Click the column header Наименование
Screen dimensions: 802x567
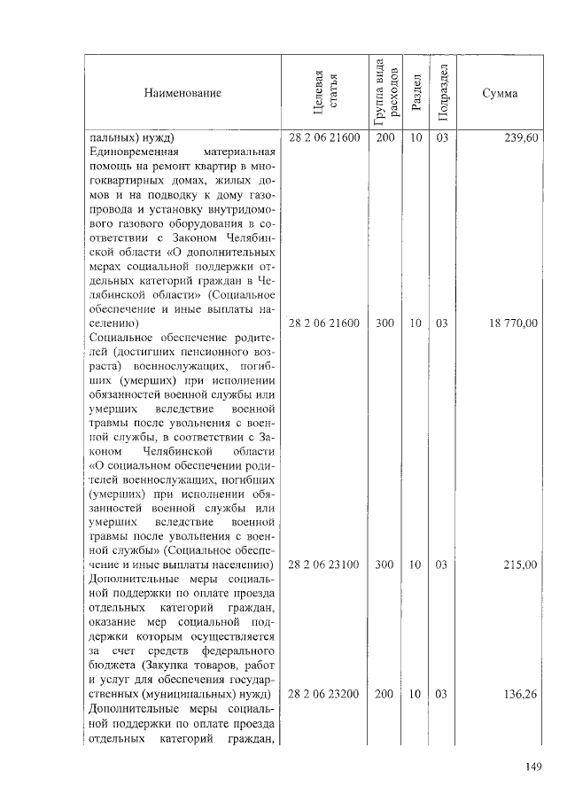(183, 93)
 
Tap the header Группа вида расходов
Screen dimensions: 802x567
(384, 92)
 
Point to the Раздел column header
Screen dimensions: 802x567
(416, 93)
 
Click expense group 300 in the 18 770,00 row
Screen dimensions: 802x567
(384, 323)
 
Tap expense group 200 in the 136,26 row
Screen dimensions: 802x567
(384, 693)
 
